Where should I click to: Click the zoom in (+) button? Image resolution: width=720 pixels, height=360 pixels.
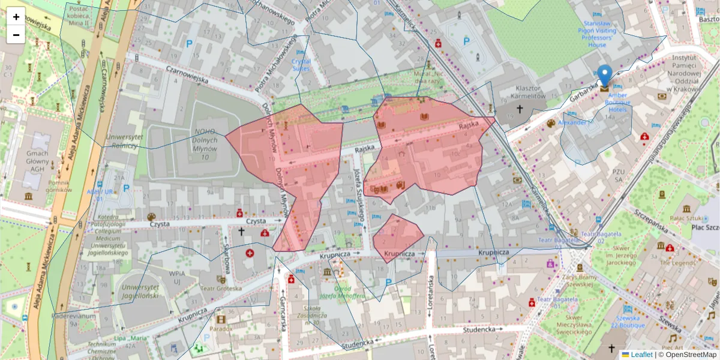[x=16, y=17]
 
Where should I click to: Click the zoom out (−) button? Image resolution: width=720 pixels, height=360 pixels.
[x=16, y=35]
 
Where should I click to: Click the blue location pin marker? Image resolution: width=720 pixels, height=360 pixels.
[x=605, y=76]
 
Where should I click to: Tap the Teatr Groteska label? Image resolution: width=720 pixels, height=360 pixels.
[x=221, y=288]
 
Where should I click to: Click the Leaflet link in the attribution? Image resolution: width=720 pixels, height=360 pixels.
[x=641, y=355]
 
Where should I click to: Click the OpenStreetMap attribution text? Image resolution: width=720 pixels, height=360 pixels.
[x=691, y=355]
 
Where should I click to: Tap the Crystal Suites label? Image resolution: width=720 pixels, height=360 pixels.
[x=301, y=65]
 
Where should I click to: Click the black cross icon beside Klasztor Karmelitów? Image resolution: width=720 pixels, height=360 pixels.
[x=520, y=109]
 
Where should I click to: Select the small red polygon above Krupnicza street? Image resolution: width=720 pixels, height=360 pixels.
[x=397, y=236]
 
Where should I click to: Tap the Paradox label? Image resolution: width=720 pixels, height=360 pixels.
[x=221, y=329]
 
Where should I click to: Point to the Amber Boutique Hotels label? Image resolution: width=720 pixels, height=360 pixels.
[x=618, y=103]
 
